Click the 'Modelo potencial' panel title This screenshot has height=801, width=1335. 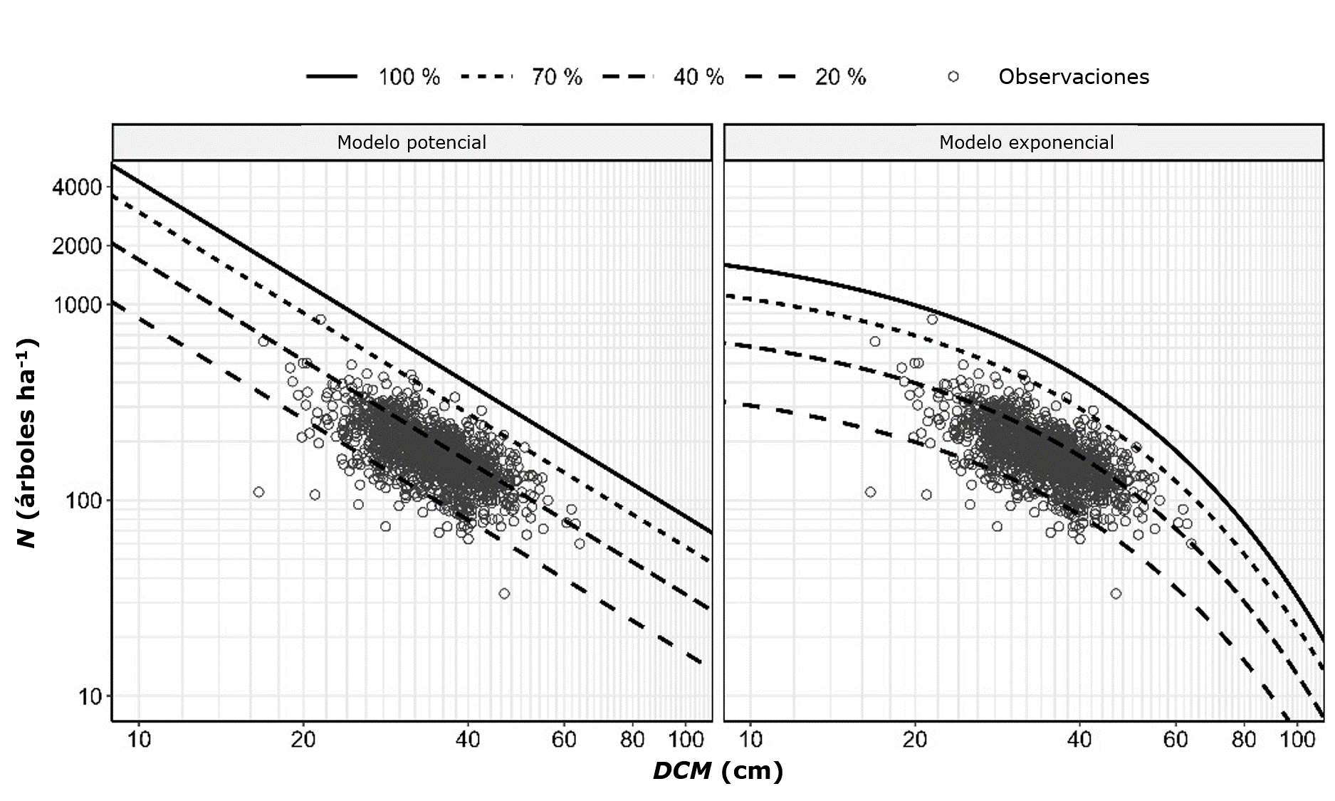tap(412, 142)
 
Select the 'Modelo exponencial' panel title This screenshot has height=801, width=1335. tap(1026, 142)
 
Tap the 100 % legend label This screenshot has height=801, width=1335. tap(409, 77)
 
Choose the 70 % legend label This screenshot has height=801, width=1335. tap(557, 77)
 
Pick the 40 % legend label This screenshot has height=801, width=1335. tap(698, 77)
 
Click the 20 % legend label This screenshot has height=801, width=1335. tap(840, 77)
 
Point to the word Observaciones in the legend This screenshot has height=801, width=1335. tap(1074, 77)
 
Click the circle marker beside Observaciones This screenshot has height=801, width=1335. tap(953, 77)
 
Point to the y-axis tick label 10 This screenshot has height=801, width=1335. tap(90, 696)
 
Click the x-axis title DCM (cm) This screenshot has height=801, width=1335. tap(718, 771)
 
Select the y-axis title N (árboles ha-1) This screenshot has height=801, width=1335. tap(27, 443)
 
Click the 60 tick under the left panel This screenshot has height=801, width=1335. tap(564, 740)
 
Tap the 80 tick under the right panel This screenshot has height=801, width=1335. tap(1244, 740)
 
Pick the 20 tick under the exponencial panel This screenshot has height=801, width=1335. tap(915, 740)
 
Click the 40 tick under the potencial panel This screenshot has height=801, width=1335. tap(467, 740)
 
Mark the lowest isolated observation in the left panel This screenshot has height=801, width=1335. tap(504, 594)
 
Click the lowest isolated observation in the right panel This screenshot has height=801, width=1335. tap(1116, 594)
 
